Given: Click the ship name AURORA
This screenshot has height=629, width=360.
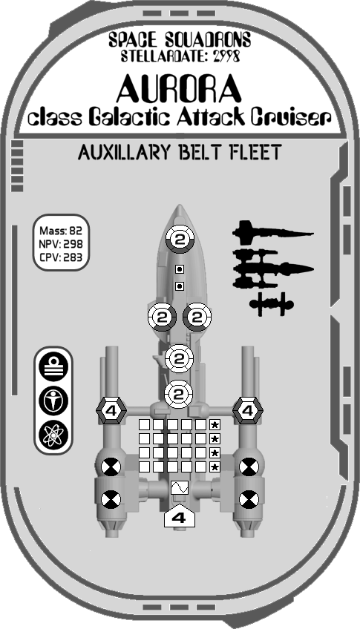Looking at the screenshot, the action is [179, 89].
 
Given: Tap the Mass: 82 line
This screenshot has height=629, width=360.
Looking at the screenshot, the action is [61, 231].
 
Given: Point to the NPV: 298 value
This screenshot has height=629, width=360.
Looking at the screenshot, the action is [61, 244].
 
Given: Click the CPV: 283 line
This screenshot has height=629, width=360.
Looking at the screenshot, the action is [61, 257].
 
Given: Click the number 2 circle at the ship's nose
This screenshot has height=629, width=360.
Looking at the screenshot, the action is [180, 240].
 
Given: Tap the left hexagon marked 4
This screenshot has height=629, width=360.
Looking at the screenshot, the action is [111, 410].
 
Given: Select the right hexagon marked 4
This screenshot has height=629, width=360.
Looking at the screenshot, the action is [248, 410].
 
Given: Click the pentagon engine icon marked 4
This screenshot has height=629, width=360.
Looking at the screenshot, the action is [179, 517].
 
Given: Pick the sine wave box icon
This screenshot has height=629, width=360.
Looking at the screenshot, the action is [179, 488].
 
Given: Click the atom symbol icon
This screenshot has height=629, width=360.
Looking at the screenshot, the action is [53, 435].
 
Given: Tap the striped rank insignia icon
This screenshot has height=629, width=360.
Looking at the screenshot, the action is [53, 367].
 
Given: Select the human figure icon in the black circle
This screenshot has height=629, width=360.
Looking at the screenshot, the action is [53, 401].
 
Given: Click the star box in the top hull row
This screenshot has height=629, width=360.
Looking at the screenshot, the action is [215, 424].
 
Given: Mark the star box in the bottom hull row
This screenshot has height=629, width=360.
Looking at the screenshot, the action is [215, 467].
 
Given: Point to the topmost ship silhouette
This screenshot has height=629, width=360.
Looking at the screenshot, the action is [272, 232].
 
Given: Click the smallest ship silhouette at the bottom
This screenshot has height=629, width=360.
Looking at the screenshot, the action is [272, 304].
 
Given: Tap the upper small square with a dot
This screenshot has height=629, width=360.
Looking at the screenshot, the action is [180, 269].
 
